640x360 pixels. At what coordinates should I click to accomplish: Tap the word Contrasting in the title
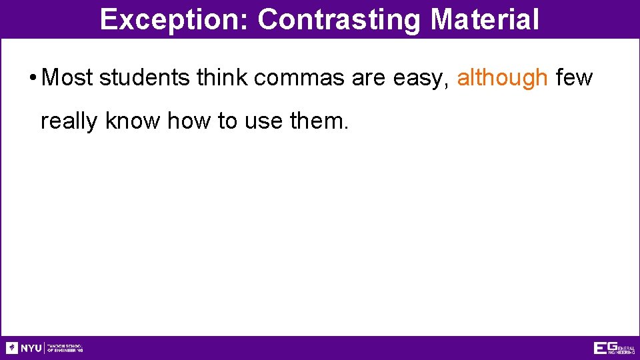340,20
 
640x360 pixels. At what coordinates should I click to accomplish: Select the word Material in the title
485,20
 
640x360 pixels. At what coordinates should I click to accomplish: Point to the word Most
67,78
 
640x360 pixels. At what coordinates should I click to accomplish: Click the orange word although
502,78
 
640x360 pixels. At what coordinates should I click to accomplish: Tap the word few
573,78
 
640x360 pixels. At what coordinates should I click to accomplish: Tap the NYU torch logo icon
12,348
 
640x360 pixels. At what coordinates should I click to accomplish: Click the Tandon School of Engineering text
65,348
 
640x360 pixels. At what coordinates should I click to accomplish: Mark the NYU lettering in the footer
31,348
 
